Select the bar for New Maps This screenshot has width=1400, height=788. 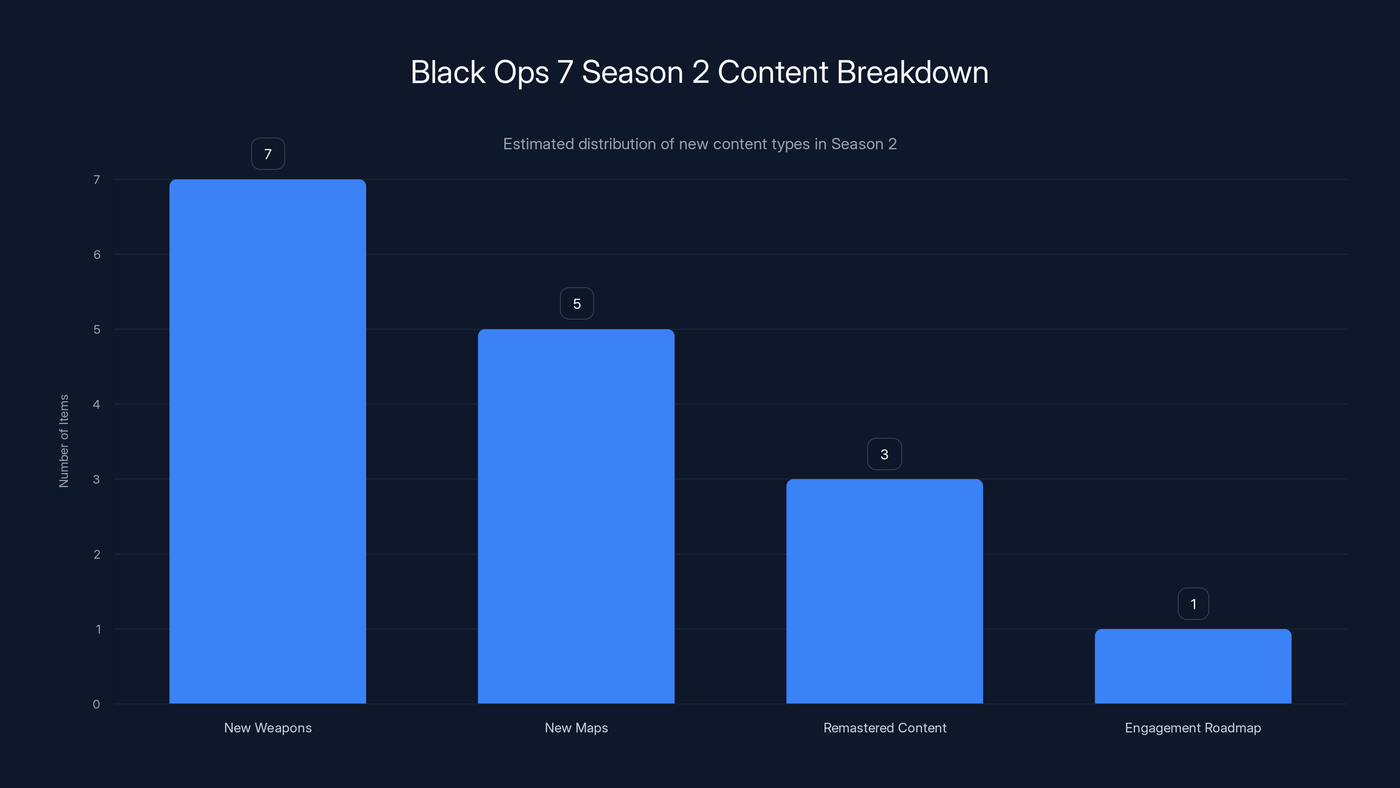[576, 516]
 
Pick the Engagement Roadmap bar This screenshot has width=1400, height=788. [1193, 666]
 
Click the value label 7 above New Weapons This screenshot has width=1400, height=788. [268, 154]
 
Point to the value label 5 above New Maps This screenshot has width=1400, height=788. [577, 303]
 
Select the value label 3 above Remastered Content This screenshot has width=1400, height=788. [884, 454]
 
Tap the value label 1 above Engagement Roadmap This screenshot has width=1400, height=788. [1193, 604]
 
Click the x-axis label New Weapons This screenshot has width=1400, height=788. [268, 728]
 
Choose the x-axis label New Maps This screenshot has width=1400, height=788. [576, 728]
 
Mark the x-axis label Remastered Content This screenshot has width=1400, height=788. [885, 728]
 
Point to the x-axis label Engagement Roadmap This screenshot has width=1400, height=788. [1193, 728]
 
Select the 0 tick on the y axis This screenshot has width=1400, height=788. [96, 704]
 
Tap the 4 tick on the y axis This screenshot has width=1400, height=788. [96, 404]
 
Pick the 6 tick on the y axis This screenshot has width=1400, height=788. [97, 254]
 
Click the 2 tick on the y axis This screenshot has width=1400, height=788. [97, 554]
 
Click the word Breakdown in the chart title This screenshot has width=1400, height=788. [913, 72]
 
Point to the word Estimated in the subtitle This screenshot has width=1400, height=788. [538, 144]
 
